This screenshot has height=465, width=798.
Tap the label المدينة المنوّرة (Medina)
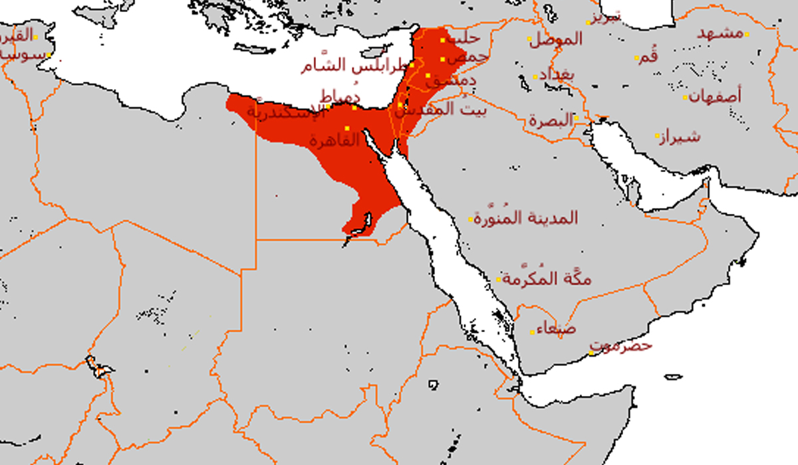coord(526,218)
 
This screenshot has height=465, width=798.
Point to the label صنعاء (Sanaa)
coord(554,328)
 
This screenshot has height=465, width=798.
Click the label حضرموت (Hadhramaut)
coord(622,346)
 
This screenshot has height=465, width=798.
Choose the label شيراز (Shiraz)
coord(678,138)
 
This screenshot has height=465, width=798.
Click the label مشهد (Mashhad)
coord(720,33)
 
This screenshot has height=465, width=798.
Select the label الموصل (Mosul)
coord(555,40)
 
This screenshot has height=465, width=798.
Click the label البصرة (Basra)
coord(551,121)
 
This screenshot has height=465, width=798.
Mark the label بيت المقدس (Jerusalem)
coord(446,110)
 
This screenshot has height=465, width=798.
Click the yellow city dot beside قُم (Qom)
coord(636,58)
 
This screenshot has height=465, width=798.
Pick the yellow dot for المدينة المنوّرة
coord(471,219)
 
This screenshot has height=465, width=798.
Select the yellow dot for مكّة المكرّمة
coord(498,280)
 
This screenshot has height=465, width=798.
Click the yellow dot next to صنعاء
coord(532,331)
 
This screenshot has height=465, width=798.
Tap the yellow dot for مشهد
coord(747,34)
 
